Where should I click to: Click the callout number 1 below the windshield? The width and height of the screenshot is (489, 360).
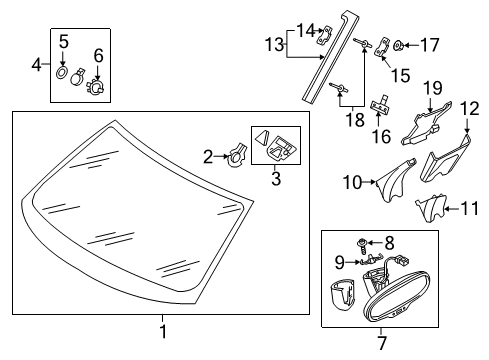pyautogui.click(x=163, y=331)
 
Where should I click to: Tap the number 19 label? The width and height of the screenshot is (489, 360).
pyautogui.click(x=433, y=88)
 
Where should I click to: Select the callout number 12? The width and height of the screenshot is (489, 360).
pyautogui.click(x=469, y=109)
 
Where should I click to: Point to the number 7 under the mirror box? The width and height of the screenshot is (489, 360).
pyautogui.click(x=382, y=342)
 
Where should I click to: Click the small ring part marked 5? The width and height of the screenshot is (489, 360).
pyautogui.click(x=62, y=72)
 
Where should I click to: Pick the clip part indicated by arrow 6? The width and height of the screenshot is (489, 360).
pyautogui.click(x=96, y=86)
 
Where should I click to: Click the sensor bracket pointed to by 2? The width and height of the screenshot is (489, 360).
pyautogui.click(x=237, y=155)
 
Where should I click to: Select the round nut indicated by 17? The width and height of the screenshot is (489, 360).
pyautogui.click(x=398, y=45)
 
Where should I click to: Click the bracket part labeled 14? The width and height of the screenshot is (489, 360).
pyautogui.click(x=325, y=35)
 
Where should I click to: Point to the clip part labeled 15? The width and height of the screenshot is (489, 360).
pyautogui.click(x=382, y=48)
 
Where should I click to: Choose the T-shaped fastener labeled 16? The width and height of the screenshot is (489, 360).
pyautogui.click(x=380, y=103)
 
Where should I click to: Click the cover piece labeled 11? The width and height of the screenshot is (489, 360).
pyautogui.click(x=430, y=208)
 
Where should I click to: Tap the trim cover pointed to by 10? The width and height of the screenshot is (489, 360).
pyautogui.click(x=395, y=180)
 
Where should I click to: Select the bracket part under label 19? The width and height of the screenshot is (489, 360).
pyautogui.click(x=426, y=125)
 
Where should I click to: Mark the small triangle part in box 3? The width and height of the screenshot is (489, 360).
pyautogui.click(x=261, y=137)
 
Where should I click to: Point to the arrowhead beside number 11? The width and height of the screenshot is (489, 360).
pyautogui.click(x=448, y=209)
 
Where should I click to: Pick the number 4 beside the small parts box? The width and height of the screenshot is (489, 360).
pyautogui.click(x=36, y=64)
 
